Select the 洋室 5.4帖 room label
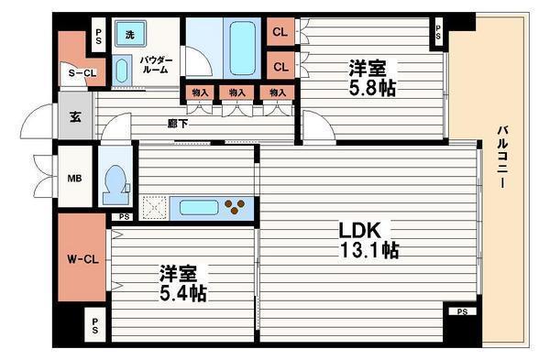click(x=183, y=284)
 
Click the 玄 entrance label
click(x=75, y=117)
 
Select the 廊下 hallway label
click(x=178, y=124)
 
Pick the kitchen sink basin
click(x=199, y=207)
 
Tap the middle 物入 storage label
click(x=237, y=93)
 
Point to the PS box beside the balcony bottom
click(x=460, y=312)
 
